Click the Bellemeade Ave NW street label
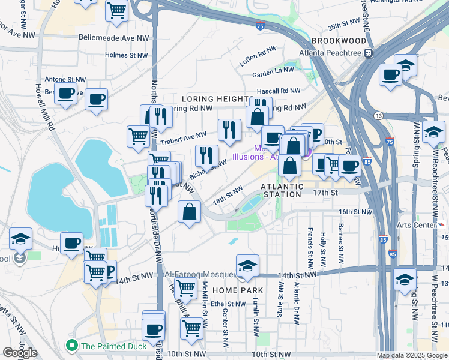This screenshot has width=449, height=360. pyautogui.click(x=114, y=37)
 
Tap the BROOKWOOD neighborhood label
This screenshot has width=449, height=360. pyautogui.click(x=339, y=41)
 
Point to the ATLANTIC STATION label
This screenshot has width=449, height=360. pyautogui.click(x=283, y=190)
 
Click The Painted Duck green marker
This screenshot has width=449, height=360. pyautogui.click(x=73, y=346)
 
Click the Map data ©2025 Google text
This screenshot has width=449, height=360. pyautogui.click(x=412, y=355)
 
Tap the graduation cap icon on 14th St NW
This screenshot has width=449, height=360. pyautogui.click(x=247, y=265)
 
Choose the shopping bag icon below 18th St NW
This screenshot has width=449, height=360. pyautogui.click(x=190, y=212)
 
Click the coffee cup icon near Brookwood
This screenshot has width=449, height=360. pyautogui.click(x=390, y=75)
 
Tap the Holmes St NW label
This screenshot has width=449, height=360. pyautogui.click(x=127, y=55)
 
